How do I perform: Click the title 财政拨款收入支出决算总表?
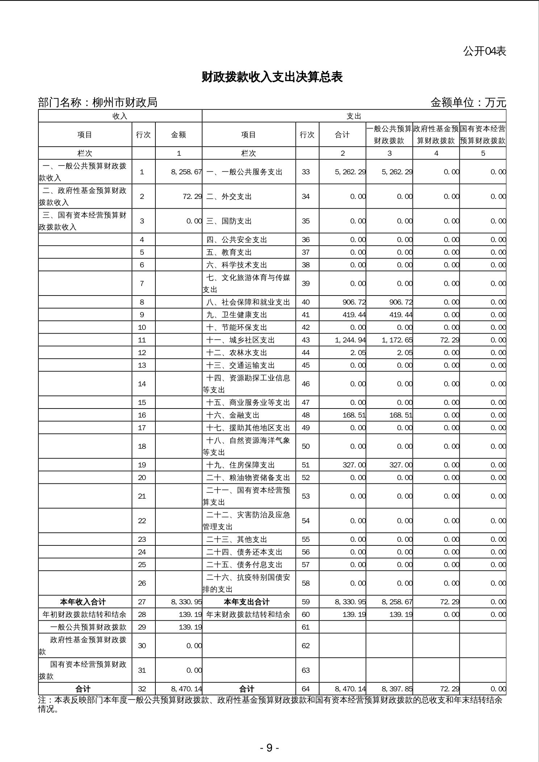tap(272, 77)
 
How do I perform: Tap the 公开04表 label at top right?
tap(484, 51)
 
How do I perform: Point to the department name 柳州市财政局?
tap(125, 102)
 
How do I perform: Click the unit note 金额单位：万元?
tap(468, 102)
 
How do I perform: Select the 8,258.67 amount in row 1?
tap(186, 172)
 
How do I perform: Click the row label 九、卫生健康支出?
tap(237, 315)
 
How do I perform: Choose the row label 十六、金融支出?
tap(233, 415)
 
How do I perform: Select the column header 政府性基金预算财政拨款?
tap(436, 135)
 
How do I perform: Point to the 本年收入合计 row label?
tap(83, 602)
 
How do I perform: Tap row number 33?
tap(306, 172)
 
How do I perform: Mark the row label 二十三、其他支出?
tap(237, 539)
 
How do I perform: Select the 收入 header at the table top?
tap(120, 116)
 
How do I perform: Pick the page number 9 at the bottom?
tap(269, 748)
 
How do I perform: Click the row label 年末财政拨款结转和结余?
tap(248, 614)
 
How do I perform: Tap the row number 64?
tap(306, 689)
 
